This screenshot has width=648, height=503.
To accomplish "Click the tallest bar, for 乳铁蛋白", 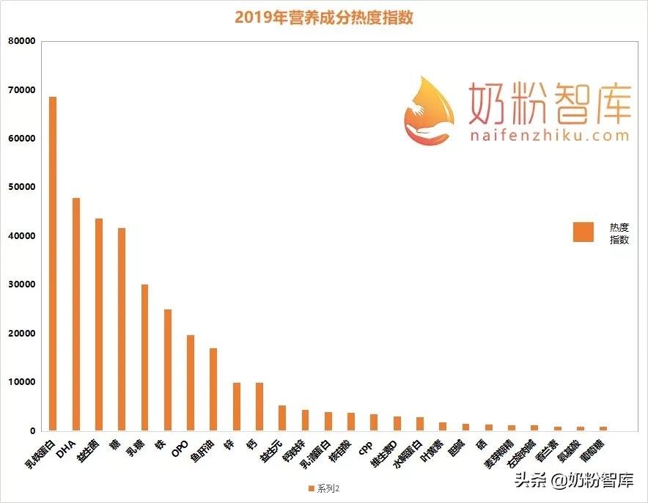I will pos(53,264).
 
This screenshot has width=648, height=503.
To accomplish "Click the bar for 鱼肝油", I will pos(213,389).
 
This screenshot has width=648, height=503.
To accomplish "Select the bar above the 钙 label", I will pos(259,406).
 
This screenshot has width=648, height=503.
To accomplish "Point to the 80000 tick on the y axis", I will pos(22,41).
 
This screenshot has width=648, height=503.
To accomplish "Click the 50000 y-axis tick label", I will pos(22,187).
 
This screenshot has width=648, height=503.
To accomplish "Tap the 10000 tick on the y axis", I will pos(22,382).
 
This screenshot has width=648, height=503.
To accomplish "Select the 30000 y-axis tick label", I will pos(22,284).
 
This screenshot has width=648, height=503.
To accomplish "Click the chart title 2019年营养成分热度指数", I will pos(324,17).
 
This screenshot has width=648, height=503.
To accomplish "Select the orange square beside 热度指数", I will pos(583,232).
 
